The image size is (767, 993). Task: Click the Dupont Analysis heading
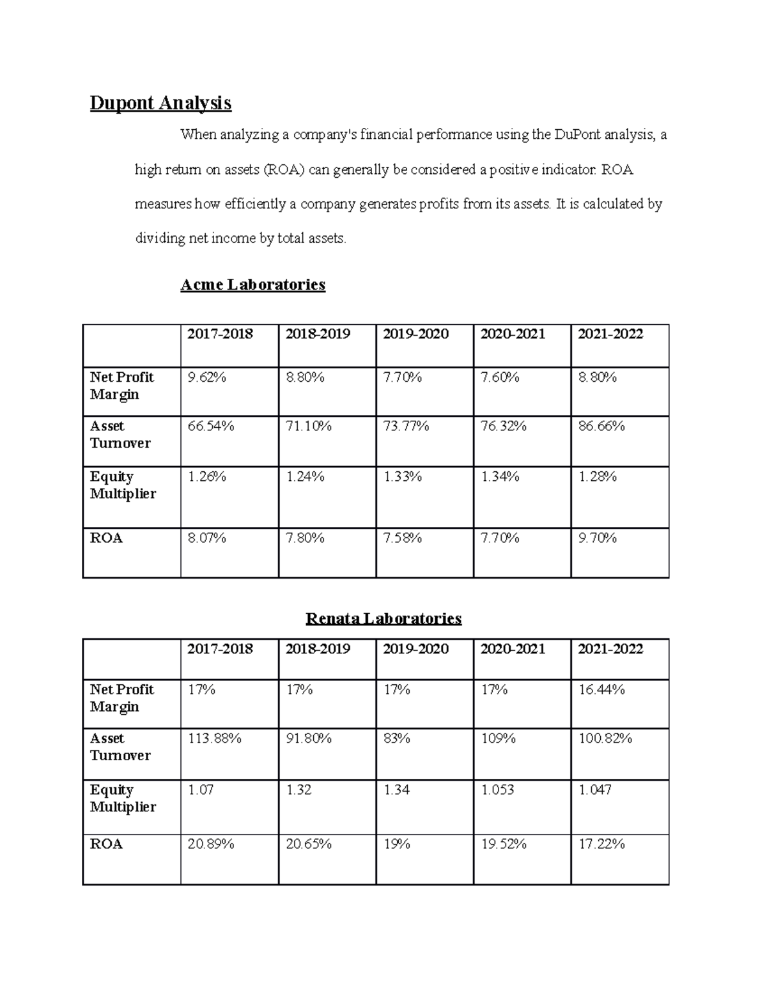point(160,103)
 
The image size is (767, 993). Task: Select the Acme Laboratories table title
point(252,285)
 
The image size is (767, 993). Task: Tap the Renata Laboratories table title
point(383,618)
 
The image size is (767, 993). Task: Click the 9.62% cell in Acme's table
point(206,378)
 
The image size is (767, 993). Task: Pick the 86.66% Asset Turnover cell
point(601,426)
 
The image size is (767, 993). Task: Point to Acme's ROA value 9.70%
point(597,538)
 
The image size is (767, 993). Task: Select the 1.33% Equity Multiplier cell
point(402,477)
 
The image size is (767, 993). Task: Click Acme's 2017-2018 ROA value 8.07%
point(206,538)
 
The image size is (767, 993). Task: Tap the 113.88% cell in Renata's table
point(214,739)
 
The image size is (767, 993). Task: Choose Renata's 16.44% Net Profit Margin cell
point(601,690)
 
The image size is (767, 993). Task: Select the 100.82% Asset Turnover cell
point(605,739)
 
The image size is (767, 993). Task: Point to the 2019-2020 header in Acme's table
point(415,334)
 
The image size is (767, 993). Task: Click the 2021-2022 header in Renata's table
point(610,649)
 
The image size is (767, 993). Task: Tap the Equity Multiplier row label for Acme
point(123,485)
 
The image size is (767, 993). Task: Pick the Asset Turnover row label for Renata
point(120,747)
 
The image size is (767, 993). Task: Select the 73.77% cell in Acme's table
point(406,426)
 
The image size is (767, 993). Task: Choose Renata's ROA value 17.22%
point(601,845)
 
